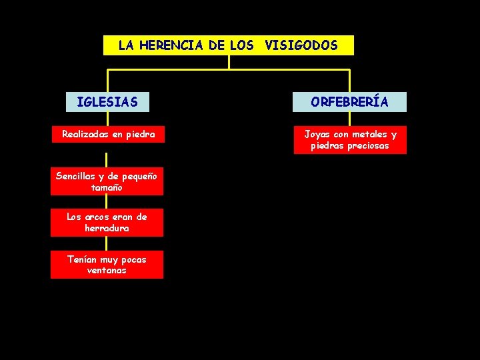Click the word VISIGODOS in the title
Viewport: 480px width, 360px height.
coord(301,46)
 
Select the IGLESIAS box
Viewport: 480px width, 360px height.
coord(107,102)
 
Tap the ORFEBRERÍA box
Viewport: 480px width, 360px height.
coord(350,102)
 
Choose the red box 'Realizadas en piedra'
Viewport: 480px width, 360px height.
coord(108,134)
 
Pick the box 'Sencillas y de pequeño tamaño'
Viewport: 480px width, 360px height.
coord(107,182)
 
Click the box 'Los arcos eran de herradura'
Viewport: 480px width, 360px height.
coord(107,223)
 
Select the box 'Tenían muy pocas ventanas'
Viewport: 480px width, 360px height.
coord(107,265)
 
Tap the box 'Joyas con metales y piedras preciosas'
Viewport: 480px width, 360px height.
coord(350,140)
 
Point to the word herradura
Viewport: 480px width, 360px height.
coord(107,228)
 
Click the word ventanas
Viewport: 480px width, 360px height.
coord(107,271)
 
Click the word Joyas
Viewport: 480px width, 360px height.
coord(317,134)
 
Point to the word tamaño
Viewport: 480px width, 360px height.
coord(107,188)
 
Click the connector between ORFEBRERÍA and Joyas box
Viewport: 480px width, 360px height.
coord(350,119)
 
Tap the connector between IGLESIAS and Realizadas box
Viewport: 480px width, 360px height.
coord(107,119)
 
